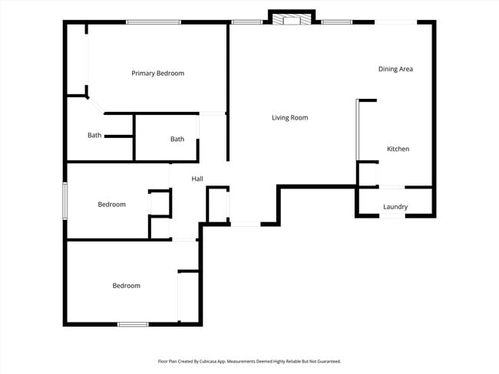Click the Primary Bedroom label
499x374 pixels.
click(157, 74)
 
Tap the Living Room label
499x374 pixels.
click(289, 118)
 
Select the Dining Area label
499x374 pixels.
click(395, 70)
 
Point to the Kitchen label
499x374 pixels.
click(398, 149)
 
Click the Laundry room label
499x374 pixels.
click(395, 207)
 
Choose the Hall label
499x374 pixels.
click(197, 179)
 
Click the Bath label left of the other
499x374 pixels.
click(94, 136)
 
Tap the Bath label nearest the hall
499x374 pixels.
click(177, 139)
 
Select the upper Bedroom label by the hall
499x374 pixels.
click(111, 205)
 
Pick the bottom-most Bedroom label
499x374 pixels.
click(127, 286)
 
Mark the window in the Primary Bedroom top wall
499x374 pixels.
click(154, 21)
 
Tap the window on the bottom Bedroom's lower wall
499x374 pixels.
click(132, 324)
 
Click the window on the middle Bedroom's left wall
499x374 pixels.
click(65, 202)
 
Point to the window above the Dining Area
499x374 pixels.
click(395, 21)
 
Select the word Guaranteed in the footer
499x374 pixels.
click(327, 361)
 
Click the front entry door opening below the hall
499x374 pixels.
click(246, 224)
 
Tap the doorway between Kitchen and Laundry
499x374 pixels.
click(392, 186)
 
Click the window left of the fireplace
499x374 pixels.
click(246, 21)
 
